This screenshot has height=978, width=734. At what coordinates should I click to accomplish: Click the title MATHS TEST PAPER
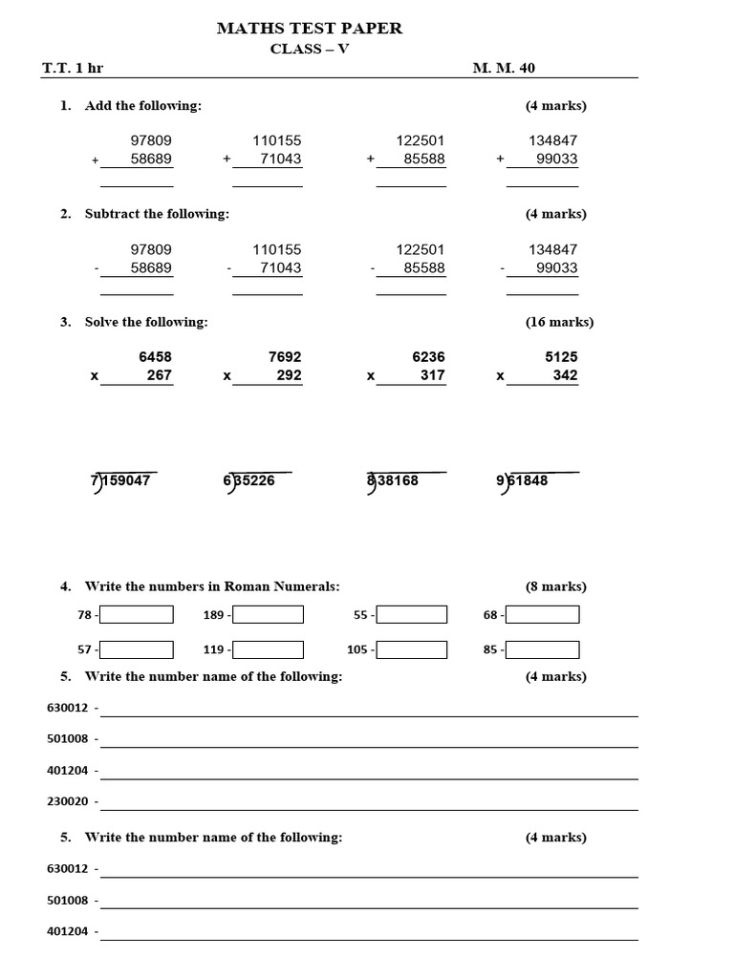310,29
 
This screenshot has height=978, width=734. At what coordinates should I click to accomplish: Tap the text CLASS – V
310,50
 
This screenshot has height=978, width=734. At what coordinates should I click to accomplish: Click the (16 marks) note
559,322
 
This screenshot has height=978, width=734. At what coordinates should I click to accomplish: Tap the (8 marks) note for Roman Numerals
555,586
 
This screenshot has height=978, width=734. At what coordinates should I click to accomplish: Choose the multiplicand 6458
155,357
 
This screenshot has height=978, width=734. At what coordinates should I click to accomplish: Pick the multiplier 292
288,376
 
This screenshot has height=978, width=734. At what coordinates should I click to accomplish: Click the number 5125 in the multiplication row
561,357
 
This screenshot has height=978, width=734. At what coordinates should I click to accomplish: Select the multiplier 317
432,376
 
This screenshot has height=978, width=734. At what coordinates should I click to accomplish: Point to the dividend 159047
126,481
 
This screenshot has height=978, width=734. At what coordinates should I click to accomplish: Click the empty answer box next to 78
137,615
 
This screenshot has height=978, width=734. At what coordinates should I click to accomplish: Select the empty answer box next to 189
268,615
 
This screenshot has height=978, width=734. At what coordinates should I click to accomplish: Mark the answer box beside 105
411,650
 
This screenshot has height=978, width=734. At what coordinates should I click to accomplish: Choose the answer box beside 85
542,650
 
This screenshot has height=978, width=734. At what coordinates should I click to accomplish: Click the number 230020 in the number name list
68,802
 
